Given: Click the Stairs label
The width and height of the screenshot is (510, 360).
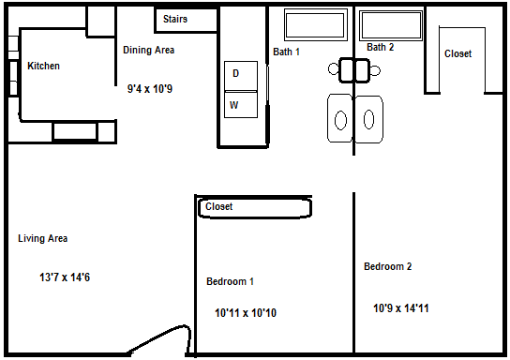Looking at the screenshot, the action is click(x=175, y=19).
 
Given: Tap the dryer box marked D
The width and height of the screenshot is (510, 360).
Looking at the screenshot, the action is click(x=241, y=76).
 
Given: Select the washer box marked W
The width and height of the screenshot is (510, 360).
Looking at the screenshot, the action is click(x=241, y=104).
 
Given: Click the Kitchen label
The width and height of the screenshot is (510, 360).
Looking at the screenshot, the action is click(x=43, y=66).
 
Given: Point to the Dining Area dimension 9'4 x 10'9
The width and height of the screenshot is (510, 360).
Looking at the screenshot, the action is click(x=150, y=89).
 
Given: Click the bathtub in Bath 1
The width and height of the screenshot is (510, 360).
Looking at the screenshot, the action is click(x=316, y=24).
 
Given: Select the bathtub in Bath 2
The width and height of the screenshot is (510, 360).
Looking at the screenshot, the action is click(x=391, y=25).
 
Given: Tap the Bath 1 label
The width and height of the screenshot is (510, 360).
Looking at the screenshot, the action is click(x=286, y=52).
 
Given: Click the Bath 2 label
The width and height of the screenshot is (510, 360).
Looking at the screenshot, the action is click(x=381, y=47).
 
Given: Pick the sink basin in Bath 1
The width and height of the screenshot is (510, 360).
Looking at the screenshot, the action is click(x=340, y=120).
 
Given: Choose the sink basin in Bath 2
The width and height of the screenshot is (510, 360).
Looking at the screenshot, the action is click(x=368, y=119).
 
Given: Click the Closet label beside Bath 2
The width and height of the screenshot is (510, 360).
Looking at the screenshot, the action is click(x=457, y=53).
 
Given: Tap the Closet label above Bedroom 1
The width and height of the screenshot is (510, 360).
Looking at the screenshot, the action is click(x=218, y=206).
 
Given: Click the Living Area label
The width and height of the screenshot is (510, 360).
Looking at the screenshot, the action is click(x=42, y=238).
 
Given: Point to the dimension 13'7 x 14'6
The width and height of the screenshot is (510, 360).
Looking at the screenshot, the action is click(x=65, y=277).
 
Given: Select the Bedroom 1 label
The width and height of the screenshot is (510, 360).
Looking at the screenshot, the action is click(x=230, y=281).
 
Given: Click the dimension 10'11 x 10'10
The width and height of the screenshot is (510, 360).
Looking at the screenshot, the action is click(x=246, y=313).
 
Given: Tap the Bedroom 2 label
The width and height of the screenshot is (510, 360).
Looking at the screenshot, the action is click(x=388, y=266).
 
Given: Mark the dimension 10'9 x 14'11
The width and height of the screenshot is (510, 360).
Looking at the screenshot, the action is click(x=401, y=307).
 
